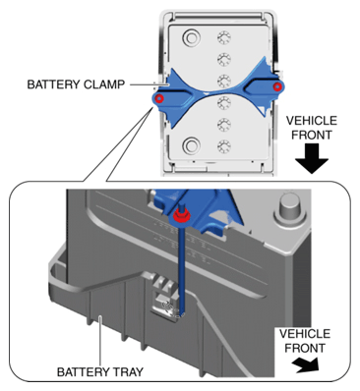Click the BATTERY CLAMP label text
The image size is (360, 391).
76,84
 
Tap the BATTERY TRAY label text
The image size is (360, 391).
100,372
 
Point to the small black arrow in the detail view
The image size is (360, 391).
306,364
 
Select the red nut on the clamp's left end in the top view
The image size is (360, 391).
159,98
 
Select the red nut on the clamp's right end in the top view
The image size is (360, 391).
277,86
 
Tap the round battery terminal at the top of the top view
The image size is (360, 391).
191,39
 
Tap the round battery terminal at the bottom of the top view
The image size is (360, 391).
191,145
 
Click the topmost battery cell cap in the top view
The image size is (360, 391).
224,37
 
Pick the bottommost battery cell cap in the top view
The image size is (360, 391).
224,146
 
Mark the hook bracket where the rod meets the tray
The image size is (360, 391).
168,303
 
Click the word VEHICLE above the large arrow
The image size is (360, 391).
312,121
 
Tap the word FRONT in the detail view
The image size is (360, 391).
305,348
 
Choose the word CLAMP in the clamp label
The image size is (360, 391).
104,84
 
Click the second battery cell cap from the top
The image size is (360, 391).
224,59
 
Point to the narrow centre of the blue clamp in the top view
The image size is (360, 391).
218,92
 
